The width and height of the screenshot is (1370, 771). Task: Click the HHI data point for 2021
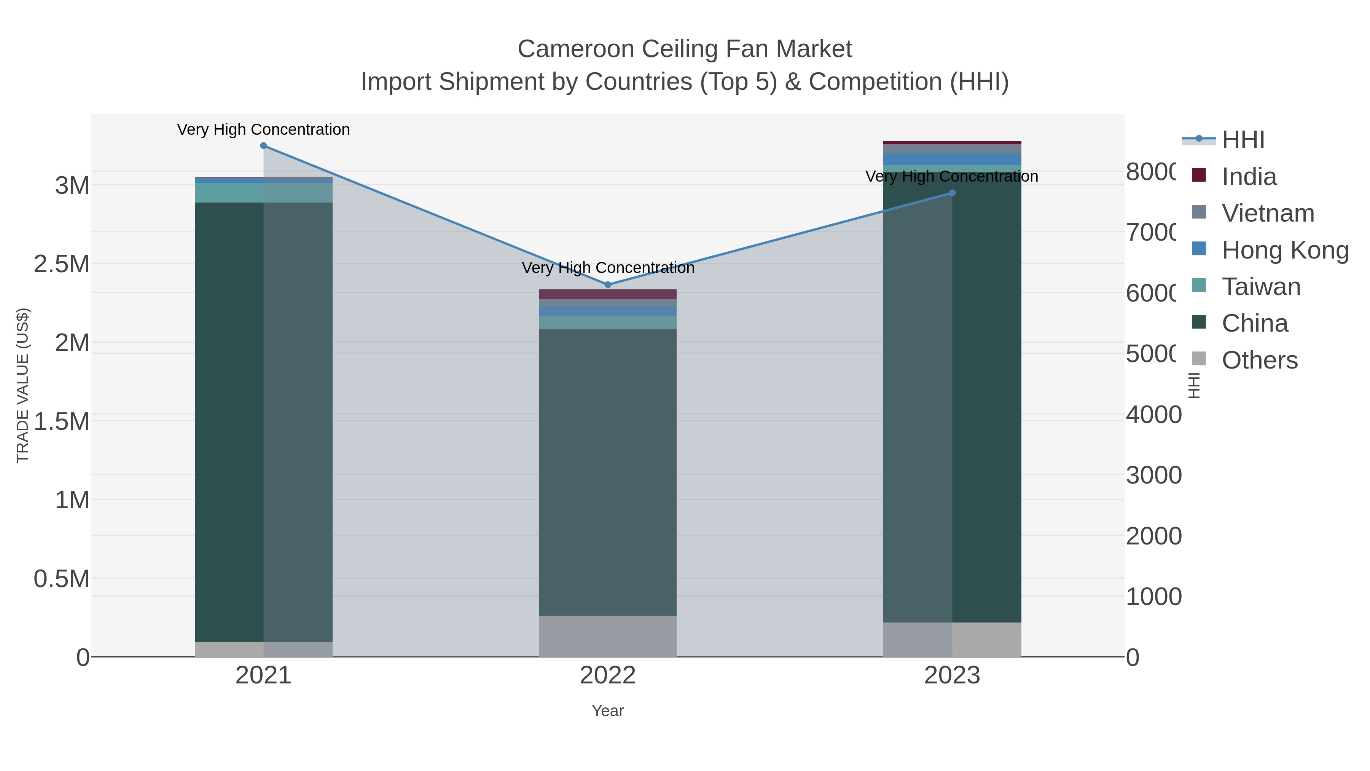(x=263, y=146)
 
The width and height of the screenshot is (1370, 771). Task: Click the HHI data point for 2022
(x=608, y=285)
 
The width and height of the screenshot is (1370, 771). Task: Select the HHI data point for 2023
(x=952, y=193)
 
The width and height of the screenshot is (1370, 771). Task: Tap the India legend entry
(x=1249, y=177)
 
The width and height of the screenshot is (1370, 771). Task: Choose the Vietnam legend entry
(x=1268, y=213)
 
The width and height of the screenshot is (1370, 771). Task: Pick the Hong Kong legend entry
(x=1285, y=250)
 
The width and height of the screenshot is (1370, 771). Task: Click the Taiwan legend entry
(x=1261, y=287)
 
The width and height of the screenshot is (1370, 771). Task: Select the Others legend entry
(x=1259, y=360)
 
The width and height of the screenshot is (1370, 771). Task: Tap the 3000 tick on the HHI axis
(x=1153, y=475)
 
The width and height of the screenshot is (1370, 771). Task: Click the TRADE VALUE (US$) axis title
(x=23, y=385)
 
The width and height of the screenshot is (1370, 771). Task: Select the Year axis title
(x=608, y=711)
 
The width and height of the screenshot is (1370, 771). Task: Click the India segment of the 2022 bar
(x=608, y=294)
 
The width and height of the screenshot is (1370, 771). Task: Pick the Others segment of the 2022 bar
(x=608, y=636)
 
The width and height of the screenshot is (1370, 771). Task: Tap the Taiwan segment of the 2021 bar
(x=263, y=193)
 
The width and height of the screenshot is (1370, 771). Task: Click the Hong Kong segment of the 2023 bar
(x=952, y=159)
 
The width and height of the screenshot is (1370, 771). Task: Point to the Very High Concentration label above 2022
(x=608, y=268)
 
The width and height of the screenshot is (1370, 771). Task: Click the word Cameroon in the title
(x=575, y=49)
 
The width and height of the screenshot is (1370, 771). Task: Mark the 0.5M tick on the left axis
(x=62, y=579)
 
